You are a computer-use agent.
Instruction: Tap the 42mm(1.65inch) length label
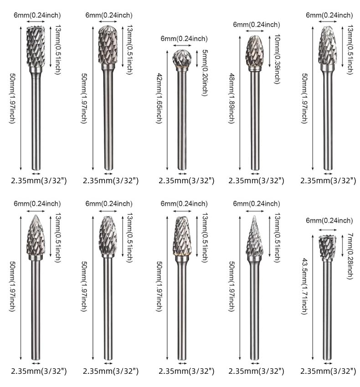click(x=159, y=98)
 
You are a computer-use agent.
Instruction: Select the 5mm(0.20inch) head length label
click(x=205, y=72)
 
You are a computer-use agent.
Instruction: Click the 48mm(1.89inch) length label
click(x=231, y=98)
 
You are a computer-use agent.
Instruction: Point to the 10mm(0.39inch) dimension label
click(x=278, y=59)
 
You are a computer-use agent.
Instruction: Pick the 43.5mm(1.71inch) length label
click(x=304, y=286)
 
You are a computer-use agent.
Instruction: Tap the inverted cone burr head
click(x=327, y=247)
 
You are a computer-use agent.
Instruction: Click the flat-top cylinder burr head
click(x=36, y=46)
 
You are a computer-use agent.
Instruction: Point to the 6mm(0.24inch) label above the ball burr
click(x=184, y=39)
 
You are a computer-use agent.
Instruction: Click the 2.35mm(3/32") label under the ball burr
click(x=186, y=181)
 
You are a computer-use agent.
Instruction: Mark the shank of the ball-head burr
click(x=182, y=119)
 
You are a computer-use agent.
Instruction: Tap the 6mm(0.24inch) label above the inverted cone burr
click(x=329, y=221)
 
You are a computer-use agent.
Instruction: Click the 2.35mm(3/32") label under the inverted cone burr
click(x=328, y=371)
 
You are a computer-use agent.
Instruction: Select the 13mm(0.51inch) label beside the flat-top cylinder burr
click(x=57, y=50)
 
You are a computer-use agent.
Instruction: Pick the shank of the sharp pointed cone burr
click(x=254, y=308)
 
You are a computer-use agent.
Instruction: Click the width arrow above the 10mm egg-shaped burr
click(x=255, y=31)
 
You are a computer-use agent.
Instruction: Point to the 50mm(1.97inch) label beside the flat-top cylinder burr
click(x=12, y=98)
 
